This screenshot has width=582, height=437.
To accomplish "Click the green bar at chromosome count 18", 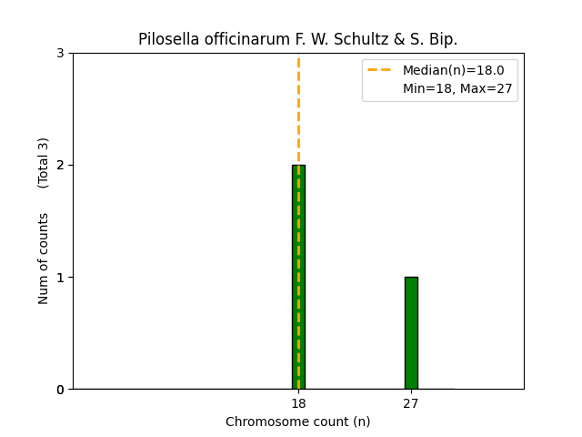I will tap(298, 277).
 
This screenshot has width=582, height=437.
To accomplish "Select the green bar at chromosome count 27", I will tap(411, 333).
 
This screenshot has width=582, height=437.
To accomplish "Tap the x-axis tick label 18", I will tap(298, 403).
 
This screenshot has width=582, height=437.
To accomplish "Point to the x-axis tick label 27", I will tap(411, 403).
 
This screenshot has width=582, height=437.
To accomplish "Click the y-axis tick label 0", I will tap(61, 390).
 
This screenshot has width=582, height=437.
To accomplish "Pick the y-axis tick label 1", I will tap(61, 278).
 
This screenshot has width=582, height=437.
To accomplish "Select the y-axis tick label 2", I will tap(61, 166).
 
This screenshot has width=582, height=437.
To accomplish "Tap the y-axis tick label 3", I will tap(61, 54).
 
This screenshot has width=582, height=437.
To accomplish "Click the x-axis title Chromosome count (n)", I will tap(298, 422).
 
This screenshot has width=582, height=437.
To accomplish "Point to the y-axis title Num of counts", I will tap(44, 259).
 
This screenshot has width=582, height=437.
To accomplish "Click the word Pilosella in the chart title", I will tap(166, 39).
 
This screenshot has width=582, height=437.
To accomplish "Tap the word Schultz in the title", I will tap(357, 39).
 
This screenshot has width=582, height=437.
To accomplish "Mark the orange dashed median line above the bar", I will tap(298, 109).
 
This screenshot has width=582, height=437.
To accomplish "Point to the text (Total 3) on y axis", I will tap(44, 163).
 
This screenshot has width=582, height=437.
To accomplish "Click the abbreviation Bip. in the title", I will tap(443, 39).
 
